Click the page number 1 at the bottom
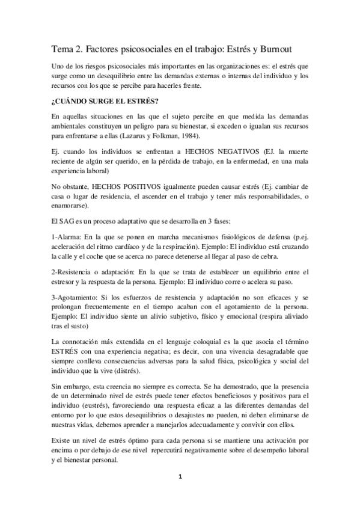[180, 476]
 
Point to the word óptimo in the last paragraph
[140, 441]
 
